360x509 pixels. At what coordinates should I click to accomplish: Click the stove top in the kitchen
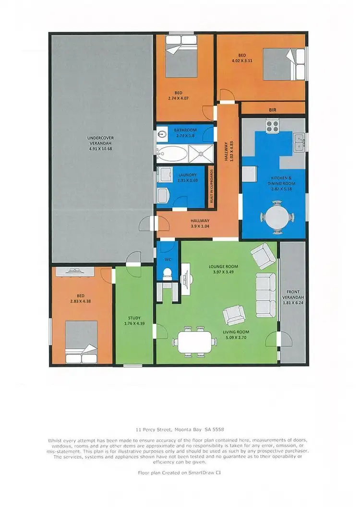click(x=273, y=126)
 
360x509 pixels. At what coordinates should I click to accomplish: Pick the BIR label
click(x=273, y=110)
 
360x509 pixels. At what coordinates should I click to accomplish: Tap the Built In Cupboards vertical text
click(x=211, y=187)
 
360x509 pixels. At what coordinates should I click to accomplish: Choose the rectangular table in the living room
click(x=196, y=342)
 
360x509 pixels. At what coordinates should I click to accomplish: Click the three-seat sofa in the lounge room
click(x=265, y=293)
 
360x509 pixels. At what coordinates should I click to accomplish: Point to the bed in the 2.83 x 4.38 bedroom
click(x=82, y=342)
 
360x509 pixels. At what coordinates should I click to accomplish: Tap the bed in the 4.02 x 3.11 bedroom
click(x=284, y=65)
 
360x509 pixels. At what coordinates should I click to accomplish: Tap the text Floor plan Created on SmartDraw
click(x=180, y=473)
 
